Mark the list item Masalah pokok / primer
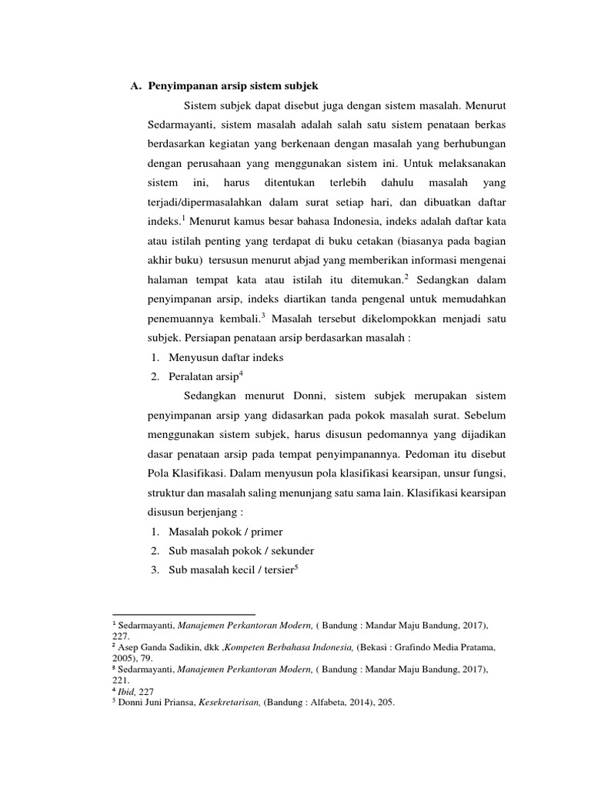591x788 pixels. [x=219, y=533]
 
